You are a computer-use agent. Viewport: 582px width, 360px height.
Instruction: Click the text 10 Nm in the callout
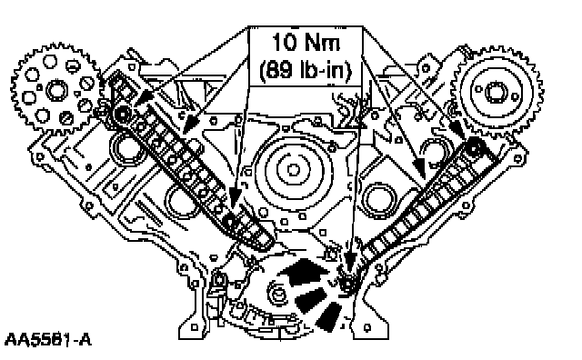(x=306, y=42)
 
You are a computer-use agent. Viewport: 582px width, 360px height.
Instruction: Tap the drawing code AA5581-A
(x=48, y=339)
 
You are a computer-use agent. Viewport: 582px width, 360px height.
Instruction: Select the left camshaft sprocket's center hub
(x=56, y=91)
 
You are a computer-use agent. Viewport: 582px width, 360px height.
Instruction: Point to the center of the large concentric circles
(x=293, y=170)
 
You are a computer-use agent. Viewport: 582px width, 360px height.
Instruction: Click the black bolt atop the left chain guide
(x=121, y=115)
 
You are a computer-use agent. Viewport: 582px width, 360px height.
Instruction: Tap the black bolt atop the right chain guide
(x=474, y=147)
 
